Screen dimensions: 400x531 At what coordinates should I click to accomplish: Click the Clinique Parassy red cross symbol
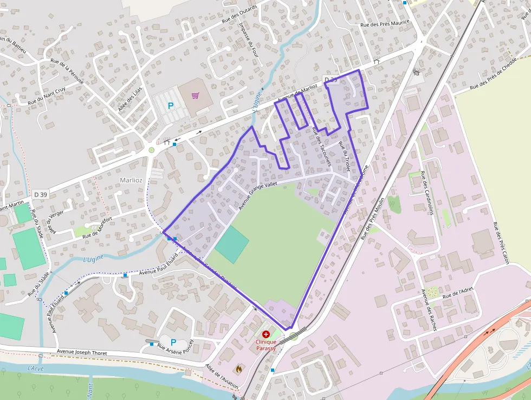[x=265, y=334]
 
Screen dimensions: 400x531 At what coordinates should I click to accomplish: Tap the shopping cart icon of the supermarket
[x=196, y=96]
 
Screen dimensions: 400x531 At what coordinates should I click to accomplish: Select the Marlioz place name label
[x=131, y=179]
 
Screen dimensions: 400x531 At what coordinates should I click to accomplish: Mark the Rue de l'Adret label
[x=458, y=293]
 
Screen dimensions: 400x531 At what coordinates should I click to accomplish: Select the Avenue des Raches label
[x=429, y=310]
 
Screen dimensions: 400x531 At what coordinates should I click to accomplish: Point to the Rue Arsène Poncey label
[x=175, y=352]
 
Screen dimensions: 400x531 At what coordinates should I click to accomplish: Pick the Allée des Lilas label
[x=130, y=98]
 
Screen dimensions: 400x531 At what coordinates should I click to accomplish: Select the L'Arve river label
[x=35, y=369]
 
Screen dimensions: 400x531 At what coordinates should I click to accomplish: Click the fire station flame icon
[x=238, y=369]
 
